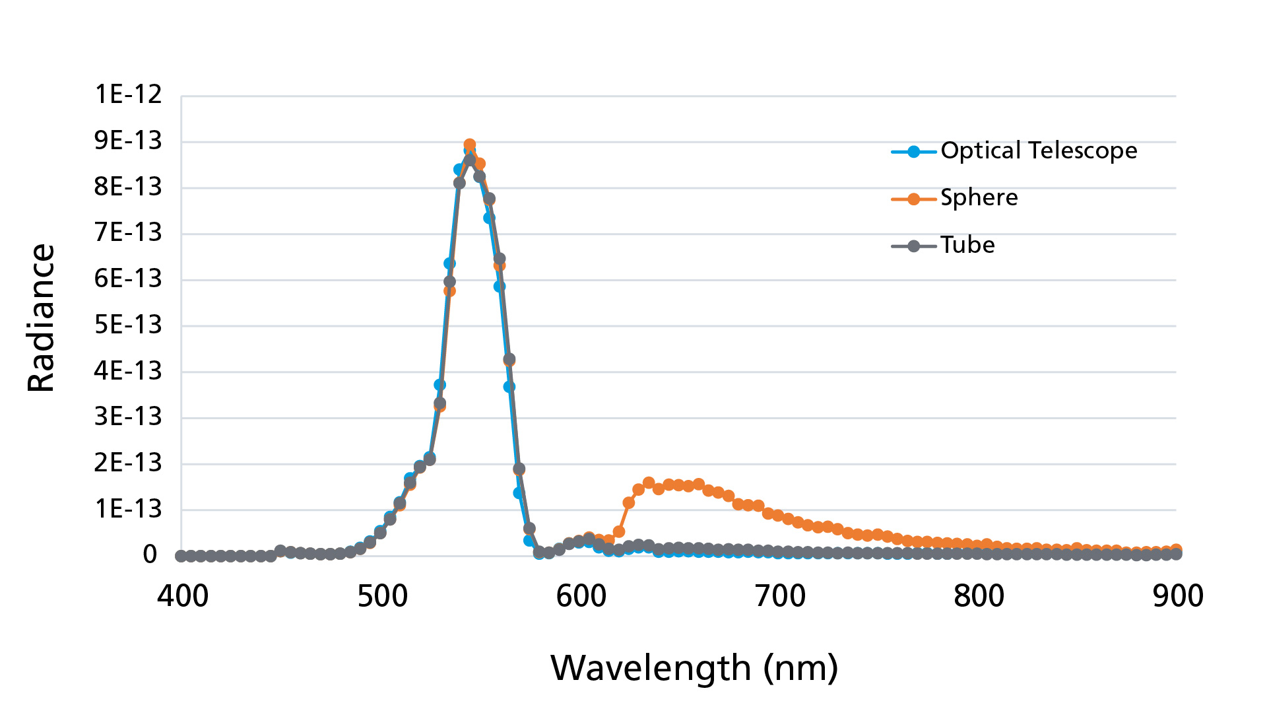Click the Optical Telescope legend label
[x=1039, y=151]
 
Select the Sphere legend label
[x=979, y=198]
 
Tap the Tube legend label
[x=967, y=246]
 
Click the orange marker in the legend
[x=913, y=199]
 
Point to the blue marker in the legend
[x=913, y=152]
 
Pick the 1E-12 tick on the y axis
[x=128, y=94]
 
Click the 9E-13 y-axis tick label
[x=128, y=141]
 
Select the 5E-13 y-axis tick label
[x=128, y=325]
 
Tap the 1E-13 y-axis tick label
[x=128, y=509]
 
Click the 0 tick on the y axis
[x=150, y=555]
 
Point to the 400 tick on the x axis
[x=183, y=596]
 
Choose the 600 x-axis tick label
[x=581, y=596]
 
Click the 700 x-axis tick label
[x=781, y=596]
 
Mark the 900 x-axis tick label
[x=1178, y=596]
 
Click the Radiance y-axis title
[x=42, y=318]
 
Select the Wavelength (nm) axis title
[x=694, y=668]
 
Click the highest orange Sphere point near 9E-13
[x=470, y=145]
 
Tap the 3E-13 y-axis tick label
[x=128, y=417]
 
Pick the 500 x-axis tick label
[x=383, y=596]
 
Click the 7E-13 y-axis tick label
[x=128, y=232]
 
